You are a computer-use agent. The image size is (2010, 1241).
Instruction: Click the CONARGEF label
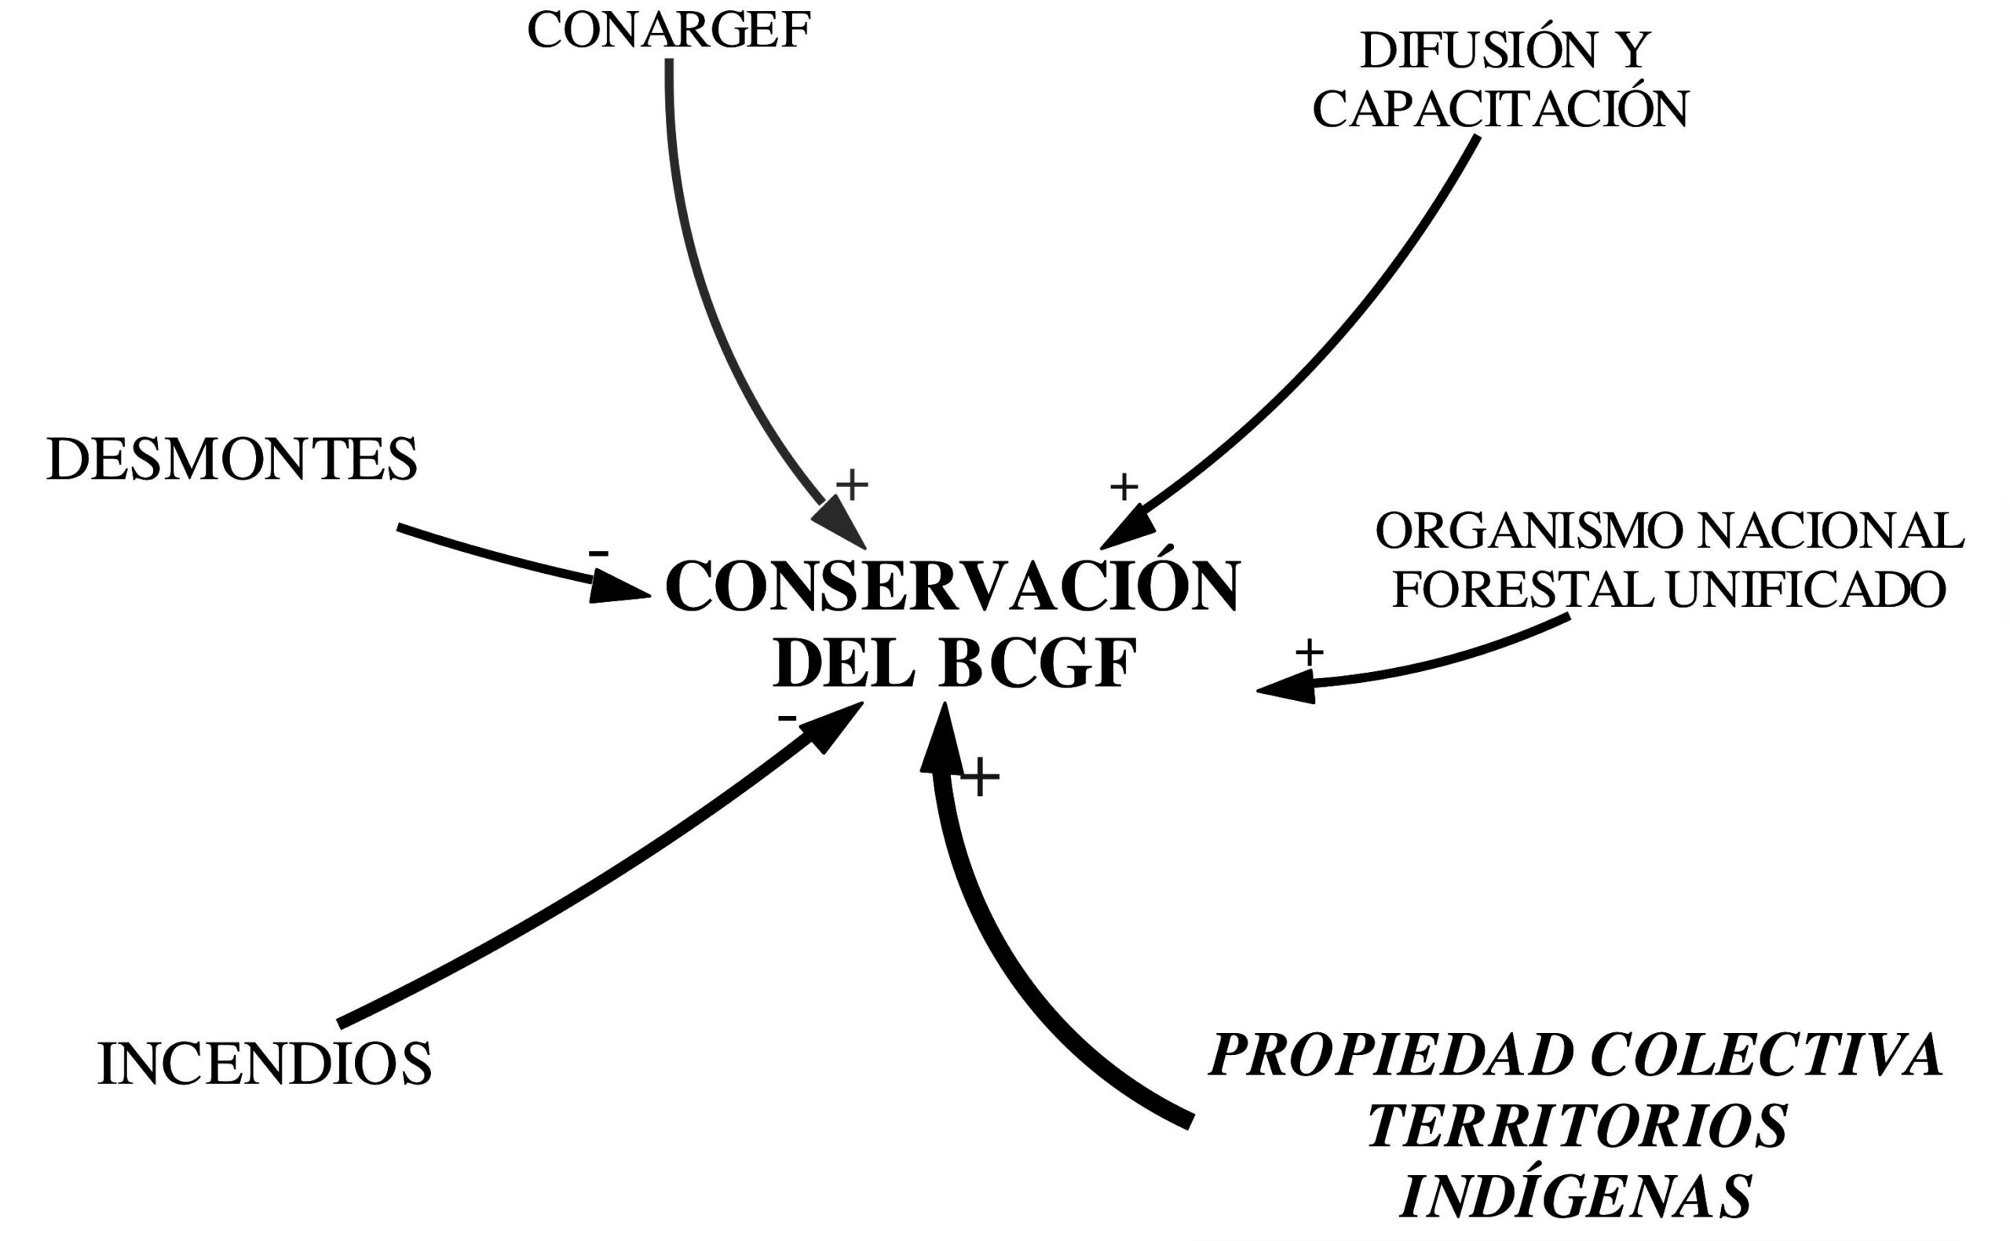[x=668, y=31]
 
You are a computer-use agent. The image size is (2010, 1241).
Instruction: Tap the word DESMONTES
[x=232, y=460]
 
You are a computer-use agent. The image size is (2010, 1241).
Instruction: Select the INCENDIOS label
[x=265, y=1064]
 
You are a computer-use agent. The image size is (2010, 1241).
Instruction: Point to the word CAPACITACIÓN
[x=1500, y=109]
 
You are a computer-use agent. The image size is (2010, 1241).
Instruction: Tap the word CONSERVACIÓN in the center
[x=952, y=588]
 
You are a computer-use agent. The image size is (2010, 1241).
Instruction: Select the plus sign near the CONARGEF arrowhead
[x=852, y=484]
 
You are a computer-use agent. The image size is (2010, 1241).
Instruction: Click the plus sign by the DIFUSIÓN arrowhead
[x=1124, y=487]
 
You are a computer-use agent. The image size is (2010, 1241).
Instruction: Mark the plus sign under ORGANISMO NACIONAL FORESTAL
[x=1309, y=653]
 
